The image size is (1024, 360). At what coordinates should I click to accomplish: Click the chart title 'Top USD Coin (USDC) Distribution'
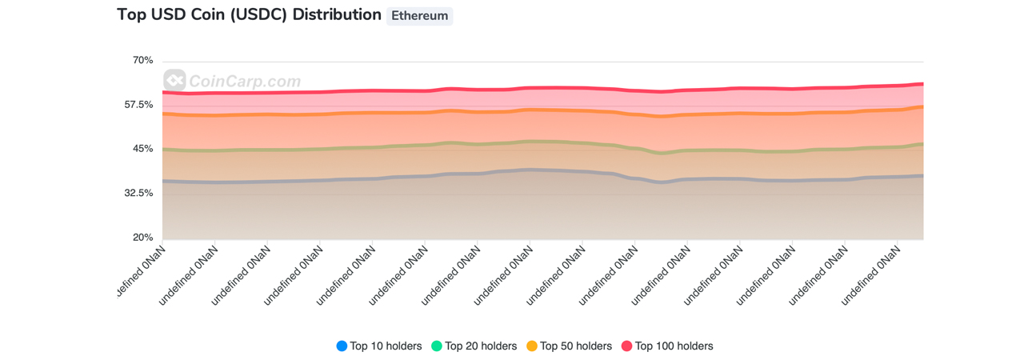point(249,15)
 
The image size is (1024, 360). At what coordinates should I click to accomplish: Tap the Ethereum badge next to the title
point(419,16)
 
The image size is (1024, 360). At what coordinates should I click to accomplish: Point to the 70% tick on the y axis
point(142,61)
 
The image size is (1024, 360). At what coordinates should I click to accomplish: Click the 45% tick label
point(142,149)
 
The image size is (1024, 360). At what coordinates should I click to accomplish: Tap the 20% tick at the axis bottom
point(142,238)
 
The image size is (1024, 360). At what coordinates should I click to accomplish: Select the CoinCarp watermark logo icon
point(174,80)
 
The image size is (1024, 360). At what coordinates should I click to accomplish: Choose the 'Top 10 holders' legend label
point(386,346)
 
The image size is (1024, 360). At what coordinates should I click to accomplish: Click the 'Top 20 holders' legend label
point(481,346)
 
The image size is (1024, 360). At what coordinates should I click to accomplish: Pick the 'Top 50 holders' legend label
point(576,346)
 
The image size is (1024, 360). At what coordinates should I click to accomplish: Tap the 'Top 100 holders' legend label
point(674,346)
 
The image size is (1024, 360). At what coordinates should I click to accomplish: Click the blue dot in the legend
point(342,346)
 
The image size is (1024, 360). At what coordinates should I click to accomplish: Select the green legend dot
point(437,346)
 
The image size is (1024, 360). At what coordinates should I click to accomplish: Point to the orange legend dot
point(532,346)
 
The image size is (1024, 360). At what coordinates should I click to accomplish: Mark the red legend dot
point(627,346)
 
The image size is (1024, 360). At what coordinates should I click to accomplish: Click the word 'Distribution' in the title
point(337,15)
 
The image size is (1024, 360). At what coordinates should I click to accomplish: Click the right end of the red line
point(922,83)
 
